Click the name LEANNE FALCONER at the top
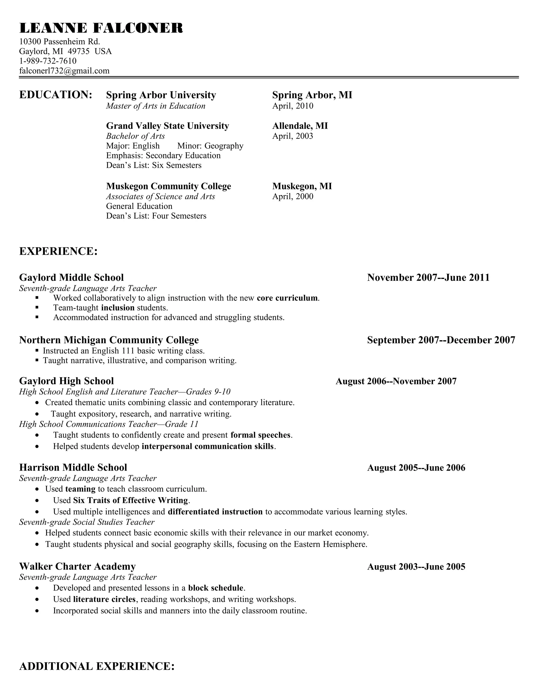pyautogui.click(x=101, y=28)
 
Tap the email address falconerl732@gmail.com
pyautogui.click(x=64, y=71)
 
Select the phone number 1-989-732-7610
pyautogui.click(x=48, y=61)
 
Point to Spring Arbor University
pyautogui.click(x=161, y=95)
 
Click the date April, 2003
pyautogui.click(x=293, y=136)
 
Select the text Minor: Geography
pyautogui.click(x=210, y=146)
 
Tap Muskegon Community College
pyautogui.click(x=168, y=186)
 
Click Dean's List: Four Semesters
pyautogui.click(x=156, y=216)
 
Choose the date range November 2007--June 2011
pyautogui.click(x=428, y=278)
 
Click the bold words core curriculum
pyautogui.click(x=287, y=298)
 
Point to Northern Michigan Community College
pyautogui.click(x=109, y=340)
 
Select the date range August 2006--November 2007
pyautogui.click(x=396, y=381)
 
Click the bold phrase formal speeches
pyautogui.click(x=260, y=435)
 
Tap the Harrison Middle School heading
pyautogui.click(x=73, y=468)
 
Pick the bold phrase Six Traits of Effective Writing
pyautogui.click(x=130, y=500)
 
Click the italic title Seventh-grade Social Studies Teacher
pyautogui.click(x=87, y=522)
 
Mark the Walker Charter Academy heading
pyautogui.click(x=77, y=566)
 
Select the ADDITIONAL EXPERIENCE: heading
pyautogui.click(x=97, y=666)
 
